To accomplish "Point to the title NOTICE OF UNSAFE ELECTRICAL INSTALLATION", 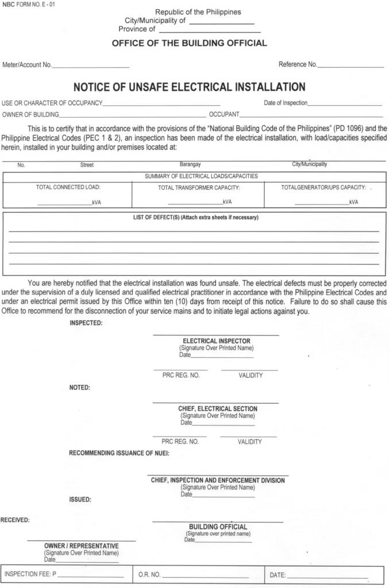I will pos(189,87).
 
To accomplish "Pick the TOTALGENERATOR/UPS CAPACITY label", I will pos(323,188).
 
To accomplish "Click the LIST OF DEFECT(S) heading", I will pos(192,218).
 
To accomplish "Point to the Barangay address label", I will pos(190,164).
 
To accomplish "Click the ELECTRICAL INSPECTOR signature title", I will pos(216,341).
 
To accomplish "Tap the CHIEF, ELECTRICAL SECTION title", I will pos(217,409).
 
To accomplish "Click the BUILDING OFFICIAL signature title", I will pos(218,527).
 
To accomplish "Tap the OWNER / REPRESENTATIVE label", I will pos(82,546).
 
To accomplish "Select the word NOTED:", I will pos(80,388).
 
